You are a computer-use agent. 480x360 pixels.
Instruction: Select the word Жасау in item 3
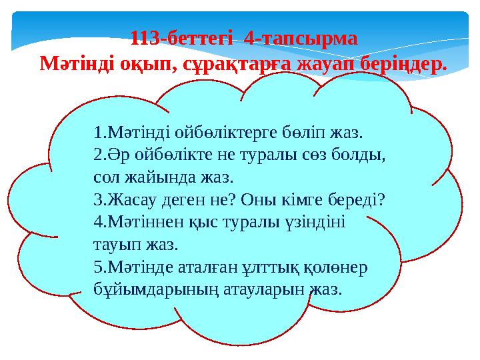[129, 200]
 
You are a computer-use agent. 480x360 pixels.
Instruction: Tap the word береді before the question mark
[355, 200]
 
